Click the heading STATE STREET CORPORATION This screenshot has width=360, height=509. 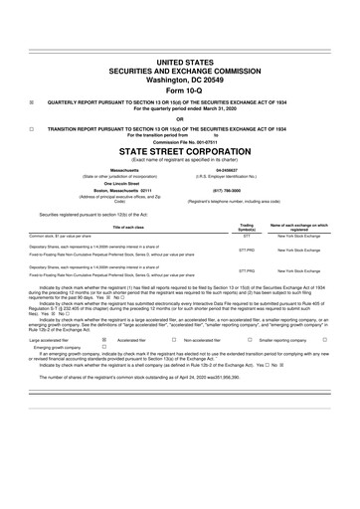179,152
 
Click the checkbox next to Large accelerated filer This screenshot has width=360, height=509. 104,339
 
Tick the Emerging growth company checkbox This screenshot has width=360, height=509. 104,347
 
